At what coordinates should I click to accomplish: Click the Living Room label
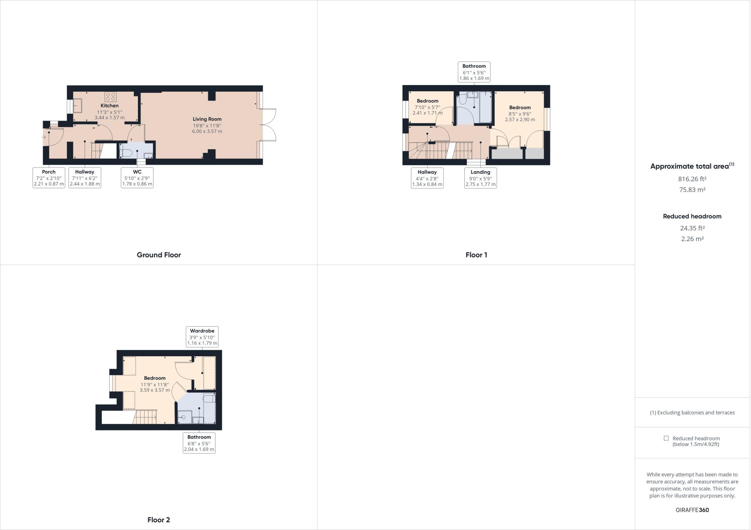pyautogui.click(x=207, y=119)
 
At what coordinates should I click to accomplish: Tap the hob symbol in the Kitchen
pyautogui.click(x=110, y=97)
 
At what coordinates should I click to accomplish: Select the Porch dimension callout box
pyautogui.click(x=49, y=178)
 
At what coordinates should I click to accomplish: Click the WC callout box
pyautogui.click(x=137, y=178)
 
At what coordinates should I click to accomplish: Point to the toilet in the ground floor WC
pyautogui.click(x=127, y=153)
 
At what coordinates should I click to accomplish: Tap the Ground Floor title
pyautogui.click(x=159, y=255)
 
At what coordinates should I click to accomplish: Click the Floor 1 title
pyautogui.click(x=476, y=255)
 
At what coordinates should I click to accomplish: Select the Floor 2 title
pyautogui.click(x=159, y=520)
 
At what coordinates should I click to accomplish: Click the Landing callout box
pyautogui.click(x=480, y=178)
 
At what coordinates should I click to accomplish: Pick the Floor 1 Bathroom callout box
pyautogui.click(x=474, y=72)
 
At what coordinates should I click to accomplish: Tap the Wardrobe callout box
pyautogui.click(x=202, y=337)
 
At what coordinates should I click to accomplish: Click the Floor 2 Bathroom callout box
pyautogui.click(x=199, y=443)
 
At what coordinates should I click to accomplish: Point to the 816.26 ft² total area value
pyautogui.click(x=692, y=179)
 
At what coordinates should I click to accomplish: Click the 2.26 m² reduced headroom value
pyautogui.click(x=692, y=239)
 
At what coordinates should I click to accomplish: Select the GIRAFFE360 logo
pyautogui.click(x=692, y=510)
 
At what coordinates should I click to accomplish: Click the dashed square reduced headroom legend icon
pyautogui.click(x=666, y=438)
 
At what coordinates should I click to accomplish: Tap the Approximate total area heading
pyautogui.click(x=692, y=166)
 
